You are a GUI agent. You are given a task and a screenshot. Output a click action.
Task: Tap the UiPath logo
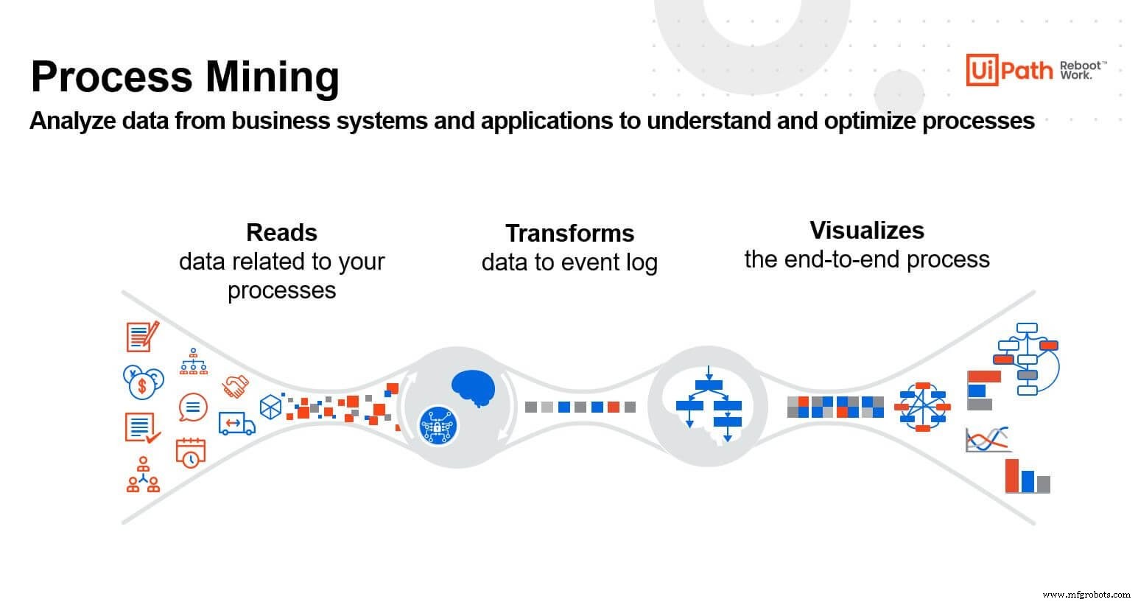click(x=1009, y=71)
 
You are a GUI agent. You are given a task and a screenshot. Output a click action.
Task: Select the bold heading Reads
click(x=281, y=232)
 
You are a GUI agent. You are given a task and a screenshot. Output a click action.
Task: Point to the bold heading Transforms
click(x=569, y=233)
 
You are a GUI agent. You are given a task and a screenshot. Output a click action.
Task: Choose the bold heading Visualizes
click(x=866, y=230)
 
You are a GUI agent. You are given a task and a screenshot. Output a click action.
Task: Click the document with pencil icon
click(x=142, y=337)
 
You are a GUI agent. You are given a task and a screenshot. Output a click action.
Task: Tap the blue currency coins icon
click(x=143, y=382)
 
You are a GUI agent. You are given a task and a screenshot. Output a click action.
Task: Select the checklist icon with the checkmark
click(x=142, y=427)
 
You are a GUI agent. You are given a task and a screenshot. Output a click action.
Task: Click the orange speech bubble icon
click(x=193, y=407)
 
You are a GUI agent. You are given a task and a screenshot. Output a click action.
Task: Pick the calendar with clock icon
click(x=190, y=452)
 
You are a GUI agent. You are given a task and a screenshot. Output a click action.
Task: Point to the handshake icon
click(x=236, y=385)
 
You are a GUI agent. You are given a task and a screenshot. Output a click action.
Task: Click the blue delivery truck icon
click(x=236, y=423)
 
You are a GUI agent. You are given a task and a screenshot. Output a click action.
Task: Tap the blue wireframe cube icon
click(x=270, y=407)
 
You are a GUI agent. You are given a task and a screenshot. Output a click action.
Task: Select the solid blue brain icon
click(x=474, y=387)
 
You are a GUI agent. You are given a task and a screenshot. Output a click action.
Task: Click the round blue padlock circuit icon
click(x=438, y=425)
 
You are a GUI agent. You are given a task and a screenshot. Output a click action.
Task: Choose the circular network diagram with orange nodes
click(x=922, y=406)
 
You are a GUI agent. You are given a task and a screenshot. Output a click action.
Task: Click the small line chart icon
click(x=987, y=440)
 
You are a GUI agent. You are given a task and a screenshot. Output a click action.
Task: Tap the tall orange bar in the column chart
click(x=1012, y=476)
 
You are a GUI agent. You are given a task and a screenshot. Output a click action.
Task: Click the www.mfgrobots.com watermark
click(x=1086, y=593)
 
